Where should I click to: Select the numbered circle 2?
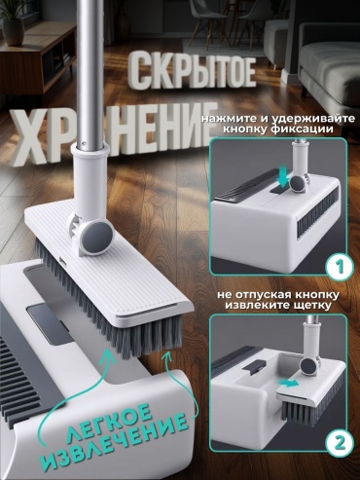coord(340,443)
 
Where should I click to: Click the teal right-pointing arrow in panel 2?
coord(289,384)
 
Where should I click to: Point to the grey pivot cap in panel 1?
coord(297,185)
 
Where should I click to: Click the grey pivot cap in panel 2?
coord(308,367)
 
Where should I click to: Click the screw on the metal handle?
coord(84,142)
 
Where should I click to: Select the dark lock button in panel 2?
coord(254,367)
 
